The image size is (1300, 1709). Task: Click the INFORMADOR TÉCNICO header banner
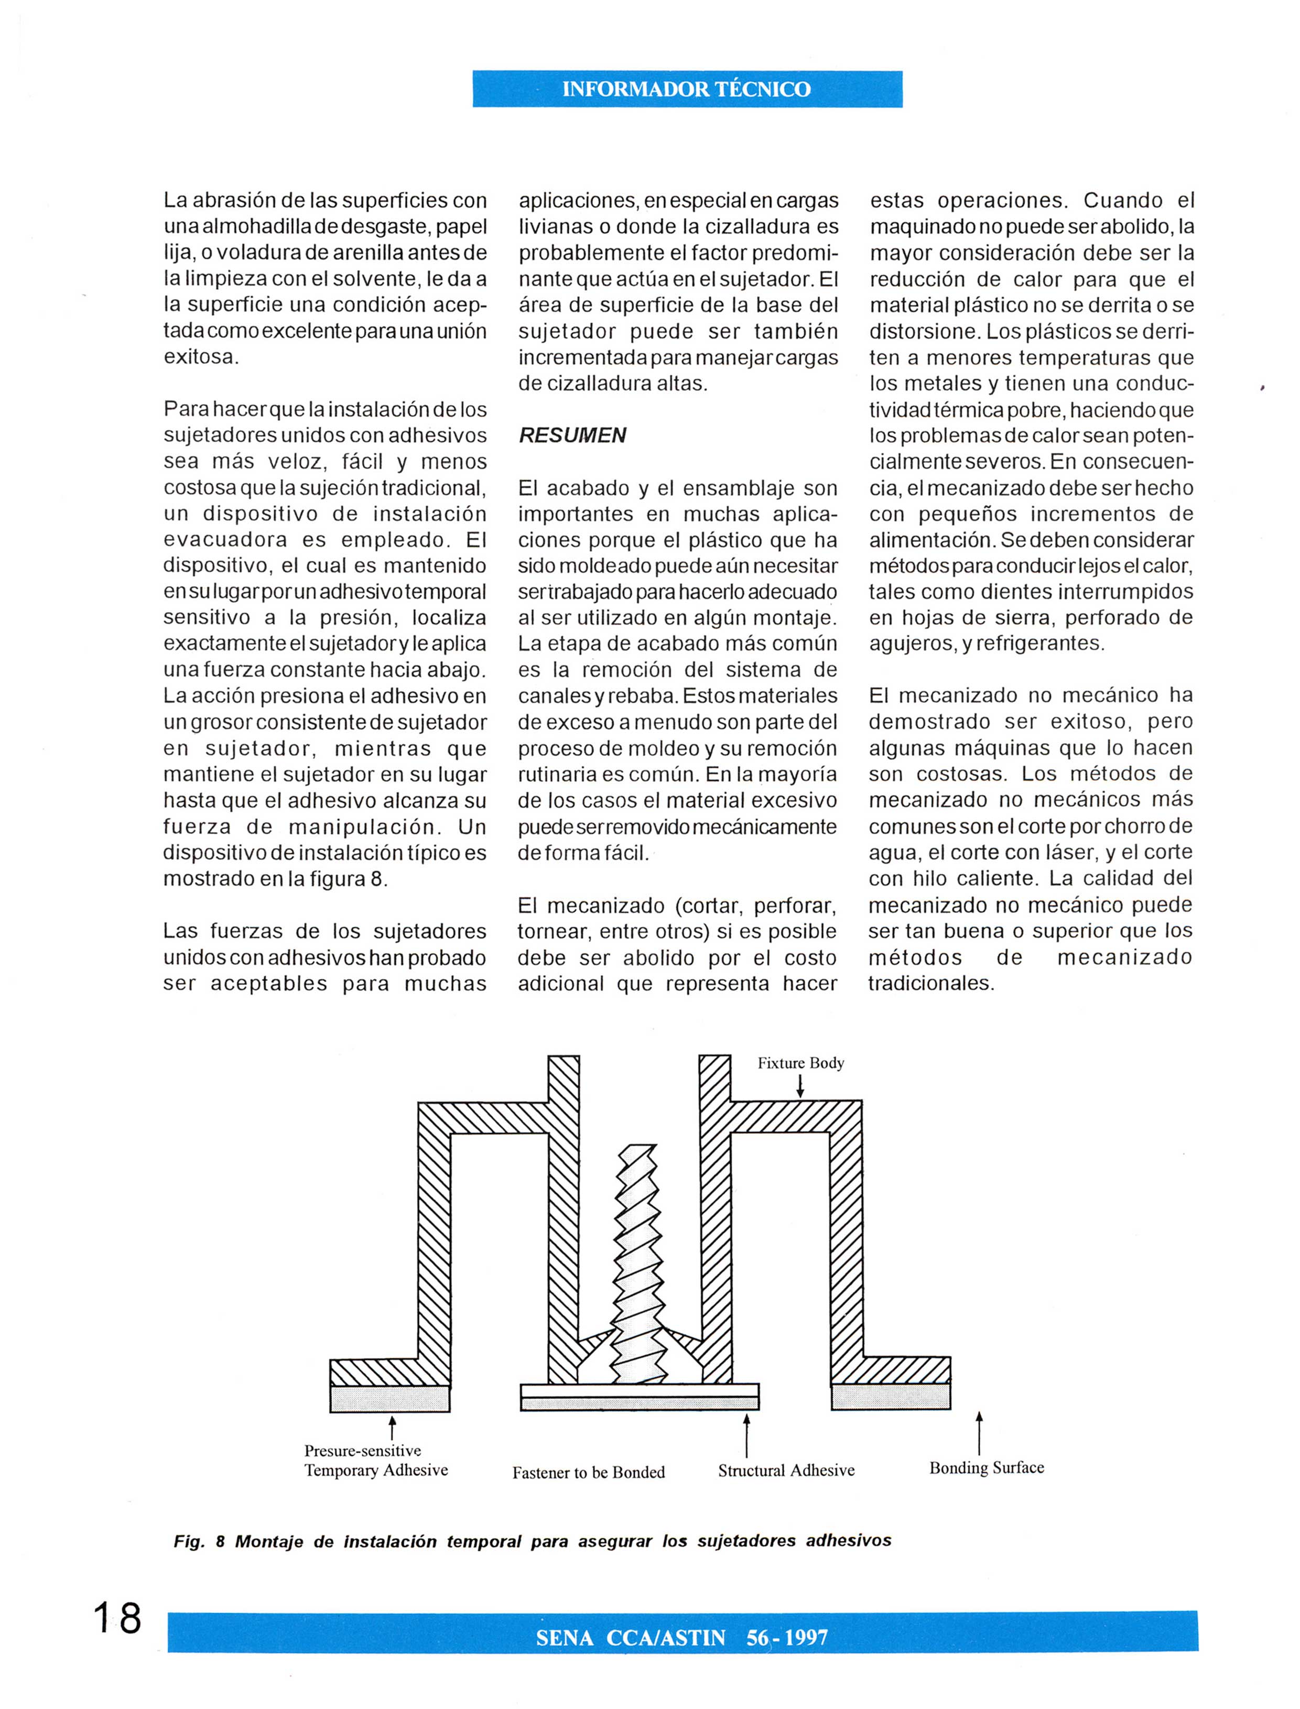(687, 89)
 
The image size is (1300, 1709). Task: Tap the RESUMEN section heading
(572, 436)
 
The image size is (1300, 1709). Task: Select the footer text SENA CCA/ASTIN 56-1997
(682, 1638)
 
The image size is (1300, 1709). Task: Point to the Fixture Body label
(800, 1063)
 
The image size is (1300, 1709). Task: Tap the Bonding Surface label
(987, 1467)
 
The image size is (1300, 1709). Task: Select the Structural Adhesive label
(786, 1471)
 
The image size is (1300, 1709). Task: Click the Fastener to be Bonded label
(588, 1472)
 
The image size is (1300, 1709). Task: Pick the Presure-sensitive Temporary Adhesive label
(375, 1461)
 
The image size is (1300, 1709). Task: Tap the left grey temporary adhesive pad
(390, 1398)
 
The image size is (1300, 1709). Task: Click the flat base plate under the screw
(639, 1397)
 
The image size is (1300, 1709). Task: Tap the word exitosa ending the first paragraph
(200, 357)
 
